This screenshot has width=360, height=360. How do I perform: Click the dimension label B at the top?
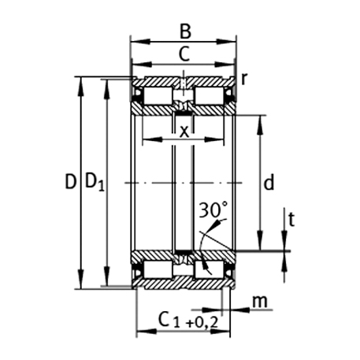pos(184,31)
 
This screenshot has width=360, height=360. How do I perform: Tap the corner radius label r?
pos(245,79)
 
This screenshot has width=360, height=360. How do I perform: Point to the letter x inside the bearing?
pos(184,130)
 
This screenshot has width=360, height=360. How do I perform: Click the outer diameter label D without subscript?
pos(70,183)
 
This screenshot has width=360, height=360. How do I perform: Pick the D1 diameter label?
pos(95,184)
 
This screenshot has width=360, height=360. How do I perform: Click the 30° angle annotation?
pos(213,210)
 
